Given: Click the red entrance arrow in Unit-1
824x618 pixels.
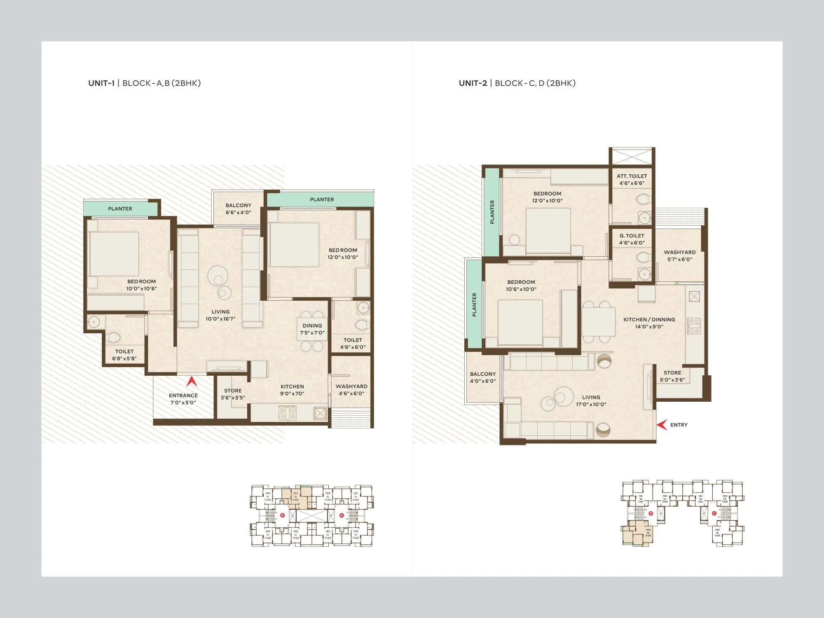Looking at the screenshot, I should (x=191, y=382).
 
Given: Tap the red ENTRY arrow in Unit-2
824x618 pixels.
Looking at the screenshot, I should (x=662, y=425).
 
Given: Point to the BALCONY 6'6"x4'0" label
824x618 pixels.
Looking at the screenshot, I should (x=238, y=209).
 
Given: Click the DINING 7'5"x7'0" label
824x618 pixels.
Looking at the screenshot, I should (x=312, y=329).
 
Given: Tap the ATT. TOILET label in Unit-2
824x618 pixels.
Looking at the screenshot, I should (x=632, y=180).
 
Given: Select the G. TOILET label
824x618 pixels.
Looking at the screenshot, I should (x=632, y=239).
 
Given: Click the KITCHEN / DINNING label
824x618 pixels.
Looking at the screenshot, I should (x=649, y=323).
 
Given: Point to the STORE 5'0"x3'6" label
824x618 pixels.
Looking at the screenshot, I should (x=672, y=376).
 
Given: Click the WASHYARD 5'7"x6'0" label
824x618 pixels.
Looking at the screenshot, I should (x=679, y=256).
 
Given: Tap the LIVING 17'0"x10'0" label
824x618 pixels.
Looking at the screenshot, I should (x=591, y=401).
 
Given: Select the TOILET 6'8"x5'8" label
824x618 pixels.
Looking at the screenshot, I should (x=124, y=355).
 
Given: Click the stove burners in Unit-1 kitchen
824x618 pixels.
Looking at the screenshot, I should (x=287, y=413).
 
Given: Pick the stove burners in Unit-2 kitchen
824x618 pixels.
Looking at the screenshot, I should (x=694, y=325).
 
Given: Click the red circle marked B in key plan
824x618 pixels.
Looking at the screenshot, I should (x=282, y=515).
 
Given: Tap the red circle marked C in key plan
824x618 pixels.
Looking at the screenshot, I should (x=714, y=513).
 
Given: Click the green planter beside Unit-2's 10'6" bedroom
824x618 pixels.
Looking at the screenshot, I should (x=474, y=305).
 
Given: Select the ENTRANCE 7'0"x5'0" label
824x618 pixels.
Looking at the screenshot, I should (x=183, y=399).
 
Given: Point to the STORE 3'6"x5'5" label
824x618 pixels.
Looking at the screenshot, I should (x=233, y=394).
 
